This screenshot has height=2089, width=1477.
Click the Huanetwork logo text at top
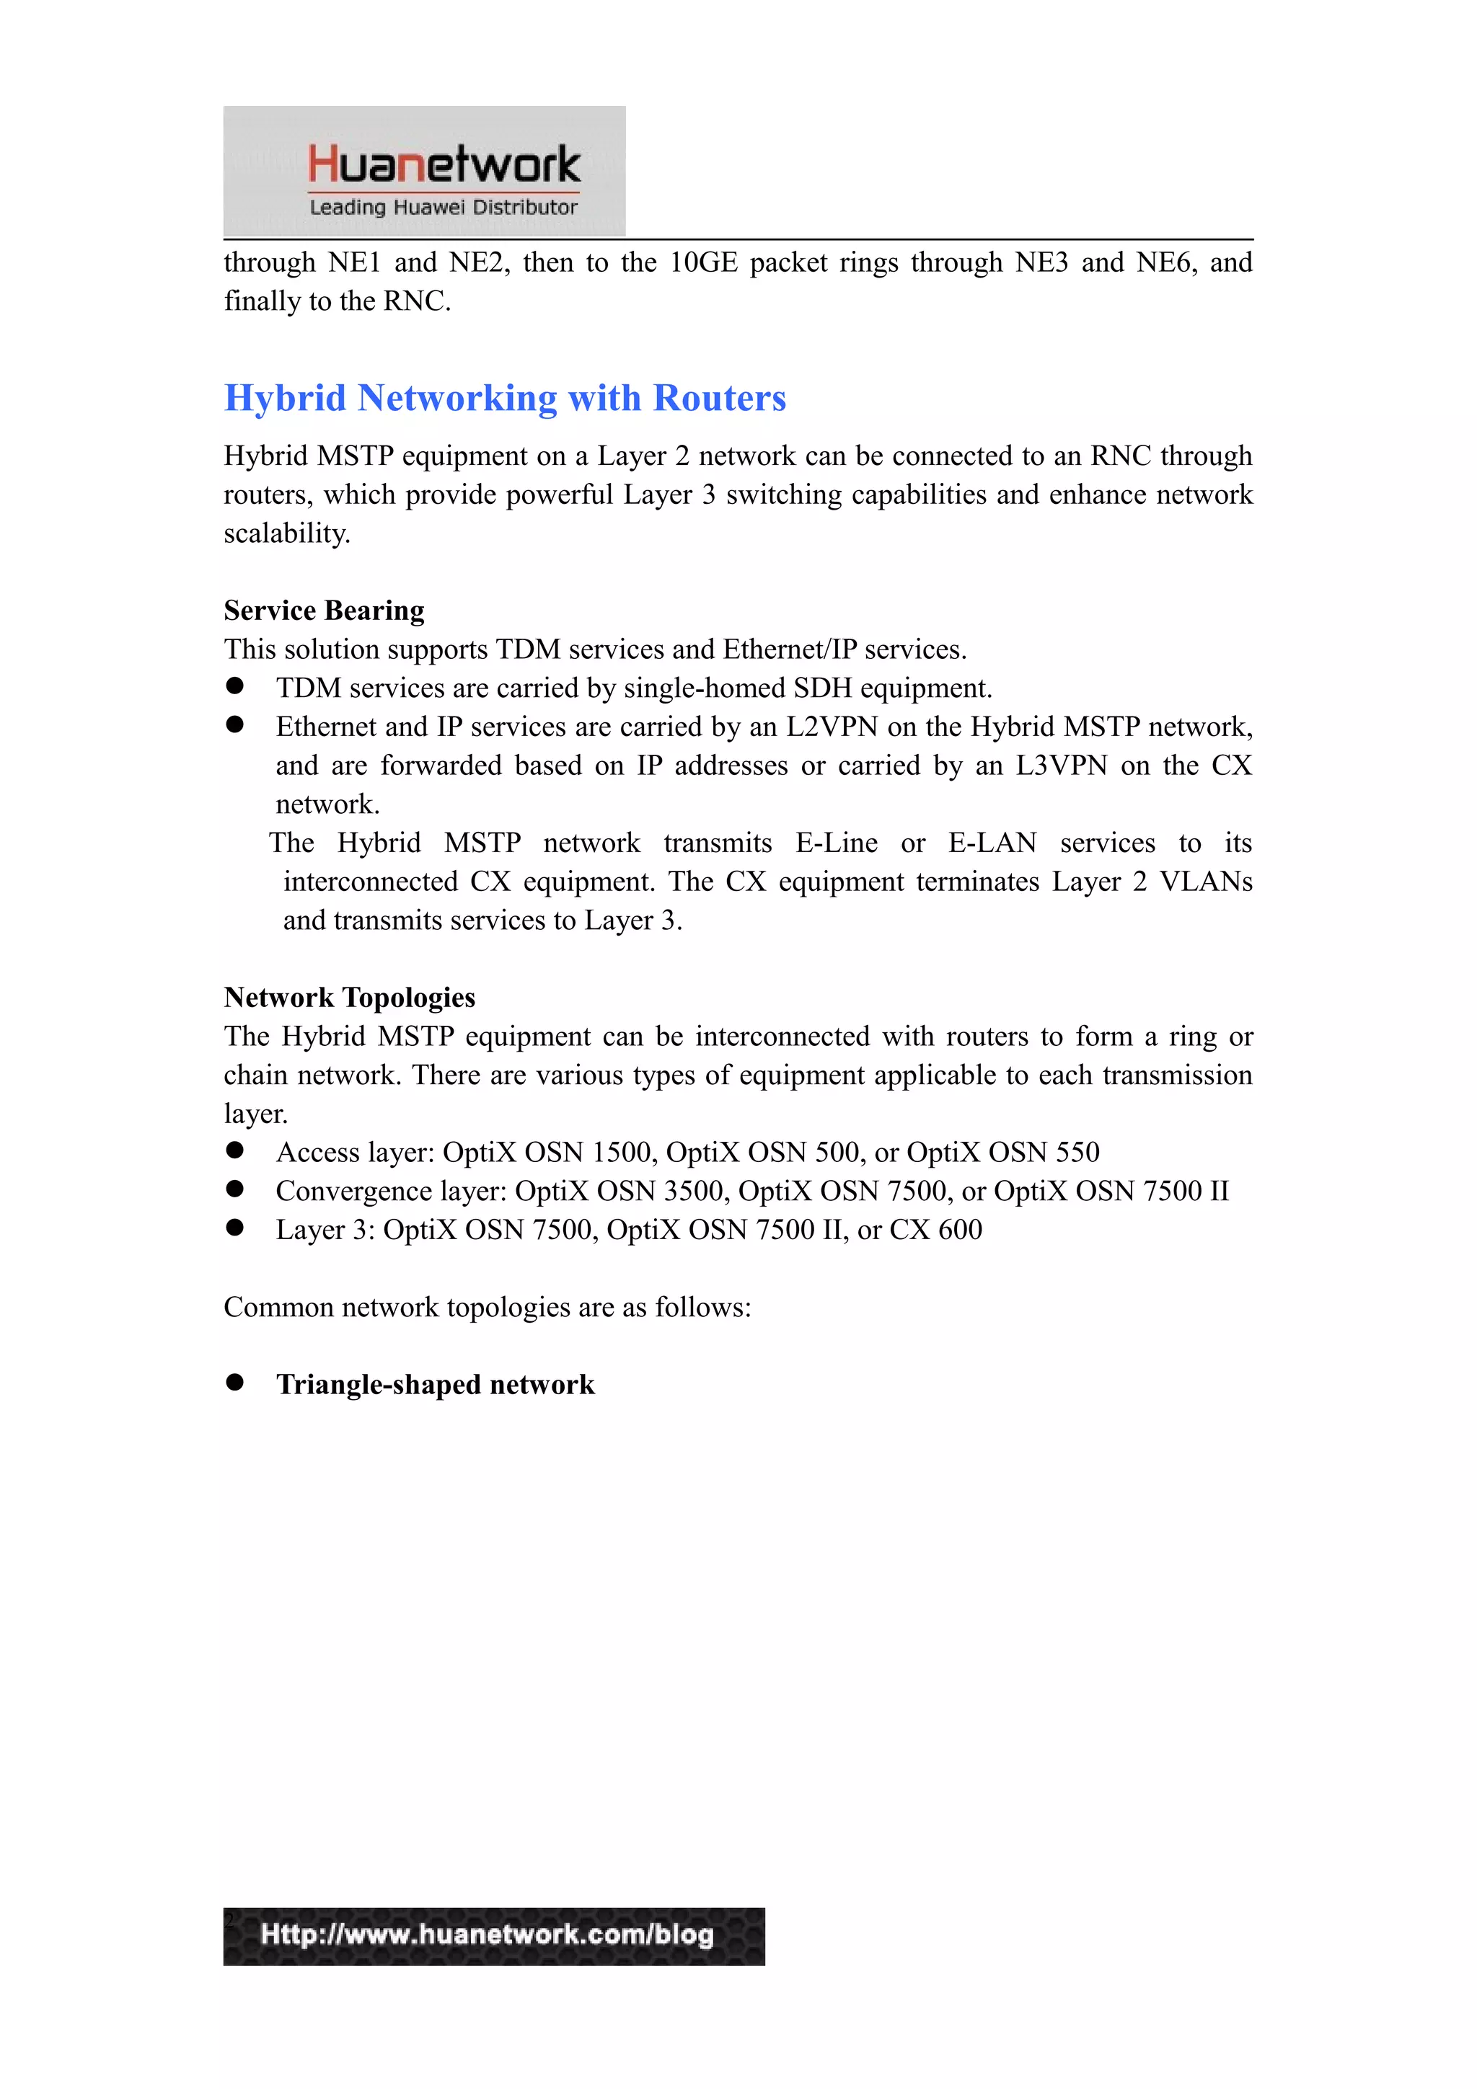point(444,164)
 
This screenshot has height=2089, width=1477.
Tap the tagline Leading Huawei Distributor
point(444,208)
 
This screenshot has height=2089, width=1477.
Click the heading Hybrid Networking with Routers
point(505,399)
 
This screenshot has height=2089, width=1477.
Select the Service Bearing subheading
point(324,611)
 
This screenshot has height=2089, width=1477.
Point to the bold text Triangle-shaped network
point(435,1384)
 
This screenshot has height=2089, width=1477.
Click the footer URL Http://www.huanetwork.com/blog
point(487,1933)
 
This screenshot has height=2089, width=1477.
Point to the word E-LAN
point(992,843)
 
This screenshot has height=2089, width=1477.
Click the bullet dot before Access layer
point(235,1150)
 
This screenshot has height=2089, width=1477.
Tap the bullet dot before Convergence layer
point(235,1189)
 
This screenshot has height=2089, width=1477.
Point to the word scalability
point(286,533)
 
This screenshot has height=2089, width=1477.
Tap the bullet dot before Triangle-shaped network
point(235,1382)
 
